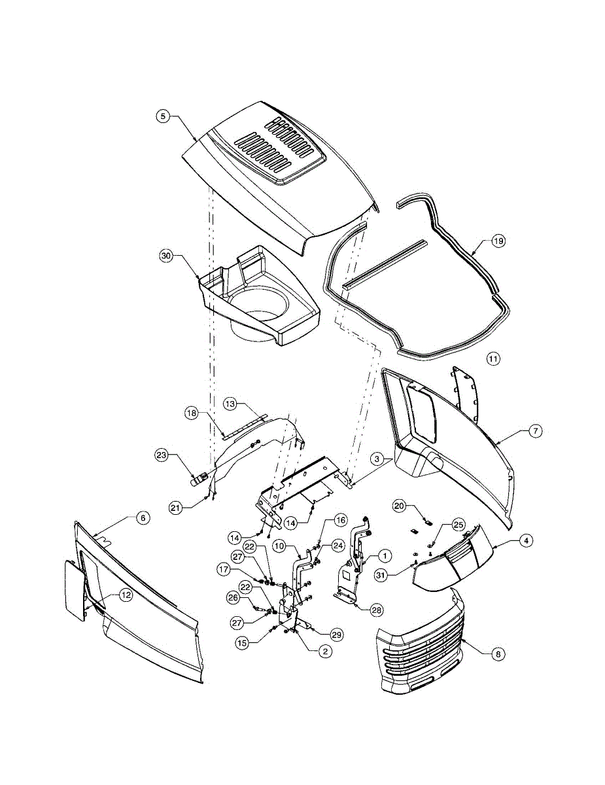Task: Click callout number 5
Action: [x=164, y=116]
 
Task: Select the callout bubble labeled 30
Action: [x=166, y=256]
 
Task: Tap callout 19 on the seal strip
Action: [x=498, y=241]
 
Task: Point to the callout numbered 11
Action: [x=493, y=358]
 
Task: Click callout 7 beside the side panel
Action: [x=535, y=431]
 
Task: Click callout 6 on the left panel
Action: [x=143, y=517]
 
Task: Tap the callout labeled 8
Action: [x=498, y=652]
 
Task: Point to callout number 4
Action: [x=525, y=541]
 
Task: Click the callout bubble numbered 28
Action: [x=376, y=610]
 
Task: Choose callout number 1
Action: [x=385, y=555]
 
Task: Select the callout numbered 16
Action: [x=340, y=520]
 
